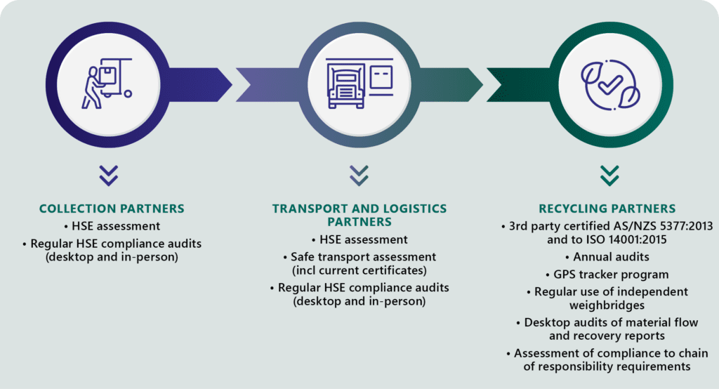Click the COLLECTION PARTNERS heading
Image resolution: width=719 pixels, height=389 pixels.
pos(112,209)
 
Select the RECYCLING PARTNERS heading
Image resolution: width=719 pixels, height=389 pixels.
pos(607,209)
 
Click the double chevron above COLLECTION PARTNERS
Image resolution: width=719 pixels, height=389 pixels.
pos(108,176)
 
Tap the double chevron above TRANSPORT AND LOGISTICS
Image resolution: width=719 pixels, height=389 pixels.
pos(359,176)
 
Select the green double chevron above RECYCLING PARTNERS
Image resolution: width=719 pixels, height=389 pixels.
pos(608,176)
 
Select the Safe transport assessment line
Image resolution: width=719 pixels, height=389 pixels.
pos(358,257)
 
